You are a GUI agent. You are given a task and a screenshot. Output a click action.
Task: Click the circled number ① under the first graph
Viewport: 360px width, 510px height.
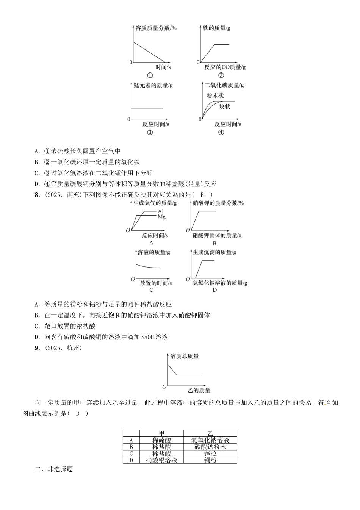click(x=150, y=75)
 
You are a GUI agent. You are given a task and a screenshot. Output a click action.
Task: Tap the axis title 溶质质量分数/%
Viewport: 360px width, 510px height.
click(x=156, y=28)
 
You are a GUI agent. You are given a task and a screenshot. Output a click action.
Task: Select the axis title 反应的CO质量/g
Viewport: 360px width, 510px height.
click(x=225, y=67)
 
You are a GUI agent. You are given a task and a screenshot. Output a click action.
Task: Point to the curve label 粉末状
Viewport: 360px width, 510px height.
click(x=215, y=95)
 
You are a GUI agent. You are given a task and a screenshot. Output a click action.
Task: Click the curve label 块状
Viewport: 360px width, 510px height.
click(x=224, y=106)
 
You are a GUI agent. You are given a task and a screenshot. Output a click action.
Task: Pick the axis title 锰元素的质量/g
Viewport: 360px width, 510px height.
click(x=153, y=85)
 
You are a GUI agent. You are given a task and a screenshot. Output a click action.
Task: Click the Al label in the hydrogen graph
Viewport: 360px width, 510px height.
click(x=161, y=211)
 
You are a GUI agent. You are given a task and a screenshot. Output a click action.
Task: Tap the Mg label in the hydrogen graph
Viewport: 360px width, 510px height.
click(x=161, y=217)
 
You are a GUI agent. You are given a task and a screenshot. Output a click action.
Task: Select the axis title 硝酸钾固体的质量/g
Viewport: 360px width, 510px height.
click(x=217, y=235)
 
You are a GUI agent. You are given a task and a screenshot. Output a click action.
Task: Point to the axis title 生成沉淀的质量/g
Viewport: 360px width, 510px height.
click(x=214, y=252)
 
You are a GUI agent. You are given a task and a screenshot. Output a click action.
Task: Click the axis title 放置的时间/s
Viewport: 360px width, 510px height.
click(x=156, y=283)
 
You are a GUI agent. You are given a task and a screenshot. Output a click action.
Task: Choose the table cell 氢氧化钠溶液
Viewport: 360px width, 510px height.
click(x=210, y=440)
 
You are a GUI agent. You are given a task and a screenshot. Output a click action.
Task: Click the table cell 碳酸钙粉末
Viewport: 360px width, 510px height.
click(x=210, y=447)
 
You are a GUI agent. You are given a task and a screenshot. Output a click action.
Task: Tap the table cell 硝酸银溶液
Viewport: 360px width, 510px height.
click(x=161, y=460)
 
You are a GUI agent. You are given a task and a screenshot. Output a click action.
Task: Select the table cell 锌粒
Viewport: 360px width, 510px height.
click(x=210, y=453)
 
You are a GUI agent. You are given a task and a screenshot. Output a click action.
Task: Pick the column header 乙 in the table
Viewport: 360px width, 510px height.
click(x=210, y=433)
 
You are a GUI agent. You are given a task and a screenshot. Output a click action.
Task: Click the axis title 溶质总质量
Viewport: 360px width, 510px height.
click(x=184, y=356)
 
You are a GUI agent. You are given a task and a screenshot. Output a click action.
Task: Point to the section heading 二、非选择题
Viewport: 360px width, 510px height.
click(x=54, y=469)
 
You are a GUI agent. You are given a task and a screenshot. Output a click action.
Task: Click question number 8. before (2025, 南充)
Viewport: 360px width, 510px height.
click(x=37, y=195)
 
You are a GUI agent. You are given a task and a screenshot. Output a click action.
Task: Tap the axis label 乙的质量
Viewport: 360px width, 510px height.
click(x=199, y=390)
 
